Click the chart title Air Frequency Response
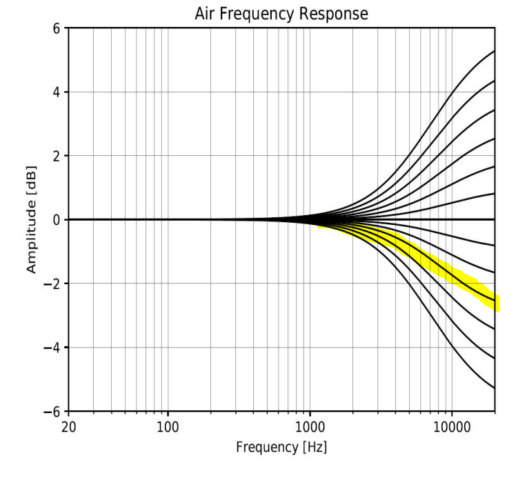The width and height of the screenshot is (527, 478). (x=281, y=14)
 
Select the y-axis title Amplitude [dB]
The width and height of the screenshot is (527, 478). (x=32, y=219)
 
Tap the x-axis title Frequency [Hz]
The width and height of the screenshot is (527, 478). (x=281, y=447)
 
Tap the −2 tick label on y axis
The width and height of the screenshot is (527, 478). (x=52, y=283)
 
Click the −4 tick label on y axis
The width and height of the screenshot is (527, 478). (x=52, y=347)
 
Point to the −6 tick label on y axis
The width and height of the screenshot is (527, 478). (x=52, y=411)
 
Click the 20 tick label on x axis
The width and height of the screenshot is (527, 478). (x=69, y=426)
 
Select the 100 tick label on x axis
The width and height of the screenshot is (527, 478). (x=168, y=426)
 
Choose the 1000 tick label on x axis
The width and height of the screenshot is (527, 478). (x=310, y=426)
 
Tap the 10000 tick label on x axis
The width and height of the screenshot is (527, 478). (x=452, y=426)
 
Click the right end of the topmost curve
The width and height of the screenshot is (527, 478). (x=494, y=52)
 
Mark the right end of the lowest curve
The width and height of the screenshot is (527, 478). (x=494, y=388)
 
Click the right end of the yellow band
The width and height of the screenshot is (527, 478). (x=496, y=303)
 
